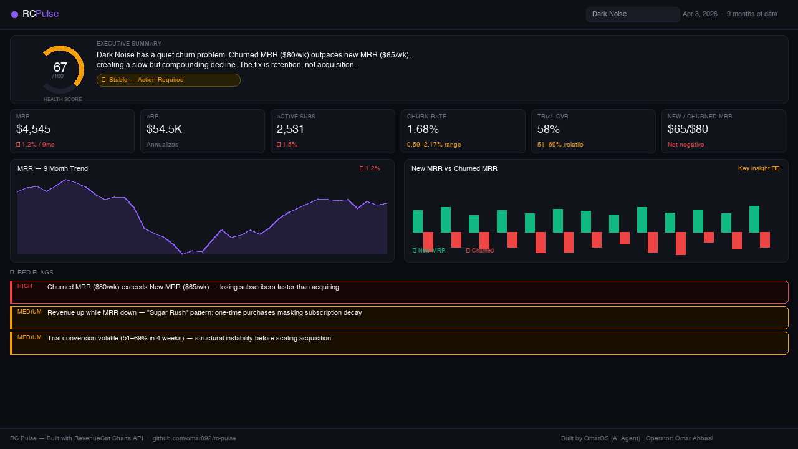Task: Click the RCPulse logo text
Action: [41, 14]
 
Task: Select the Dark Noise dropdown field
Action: [632, 14]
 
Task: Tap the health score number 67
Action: [60, 67]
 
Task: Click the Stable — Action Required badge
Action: [168, 80]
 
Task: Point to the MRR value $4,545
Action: [33, 129]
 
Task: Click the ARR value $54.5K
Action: [164, 129]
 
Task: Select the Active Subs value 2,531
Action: [291, 129]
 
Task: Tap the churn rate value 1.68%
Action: [423, 129]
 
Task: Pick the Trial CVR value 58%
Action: [549, 129]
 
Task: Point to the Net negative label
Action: [686, 145]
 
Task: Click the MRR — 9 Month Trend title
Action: [52, 168]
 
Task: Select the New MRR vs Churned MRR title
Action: [454, 168]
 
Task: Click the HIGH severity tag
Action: [25, 286]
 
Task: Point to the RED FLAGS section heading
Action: [35, 273]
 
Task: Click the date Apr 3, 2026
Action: [700, 14]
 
